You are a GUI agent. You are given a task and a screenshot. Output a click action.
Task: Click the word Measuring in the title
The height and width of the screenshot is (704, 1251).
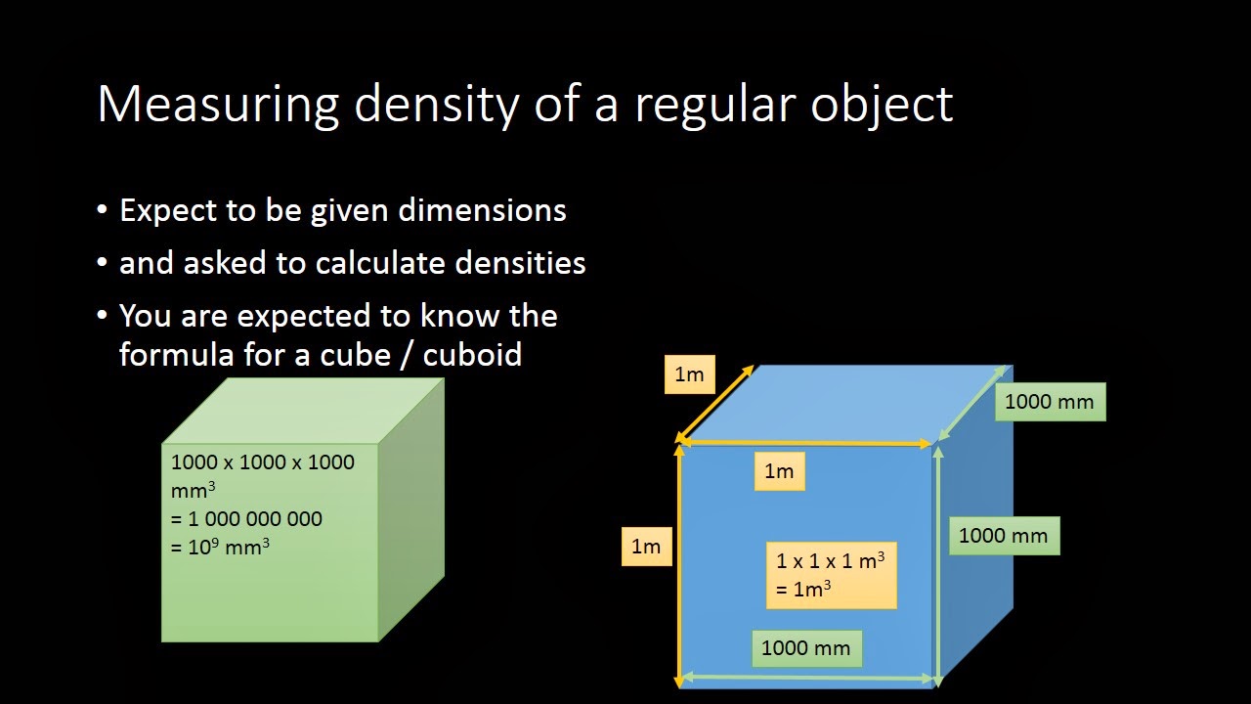218,104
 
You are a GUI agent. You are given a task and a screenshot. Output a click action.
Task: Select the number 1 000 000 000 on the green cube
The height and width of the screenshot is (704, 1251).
254,518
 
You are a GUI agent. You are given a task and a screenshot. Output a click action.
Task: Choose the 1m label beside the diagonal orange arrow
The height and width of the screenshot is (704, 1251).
689,374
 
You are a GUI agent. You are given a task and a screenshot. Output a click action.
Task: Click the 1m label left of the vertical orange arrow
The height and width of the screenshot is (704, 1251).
646,546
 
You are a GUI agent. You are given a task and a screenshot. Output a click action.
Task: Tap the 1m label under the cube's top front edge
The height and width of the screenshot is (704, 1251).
779,471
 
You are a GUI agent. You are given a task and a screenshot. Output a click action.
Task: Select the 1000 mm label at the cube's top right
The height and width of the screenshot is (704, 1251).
1050,401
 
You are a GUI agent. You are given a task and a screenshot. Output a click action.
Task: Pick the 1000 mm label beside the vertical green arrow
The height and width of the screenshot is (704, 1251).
1003,535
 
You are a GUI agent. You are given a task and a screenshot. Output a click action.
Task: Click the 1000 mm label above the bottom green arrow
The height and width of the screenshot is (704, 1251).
806,647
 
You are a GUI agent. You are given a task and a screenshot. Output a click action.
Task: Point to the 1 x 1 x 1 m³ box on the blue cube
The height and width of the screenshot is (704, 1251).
831,574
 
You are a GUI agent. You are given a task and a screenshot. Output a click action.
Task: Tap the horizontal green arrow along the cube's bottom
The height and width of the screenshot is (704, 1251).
807,677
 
